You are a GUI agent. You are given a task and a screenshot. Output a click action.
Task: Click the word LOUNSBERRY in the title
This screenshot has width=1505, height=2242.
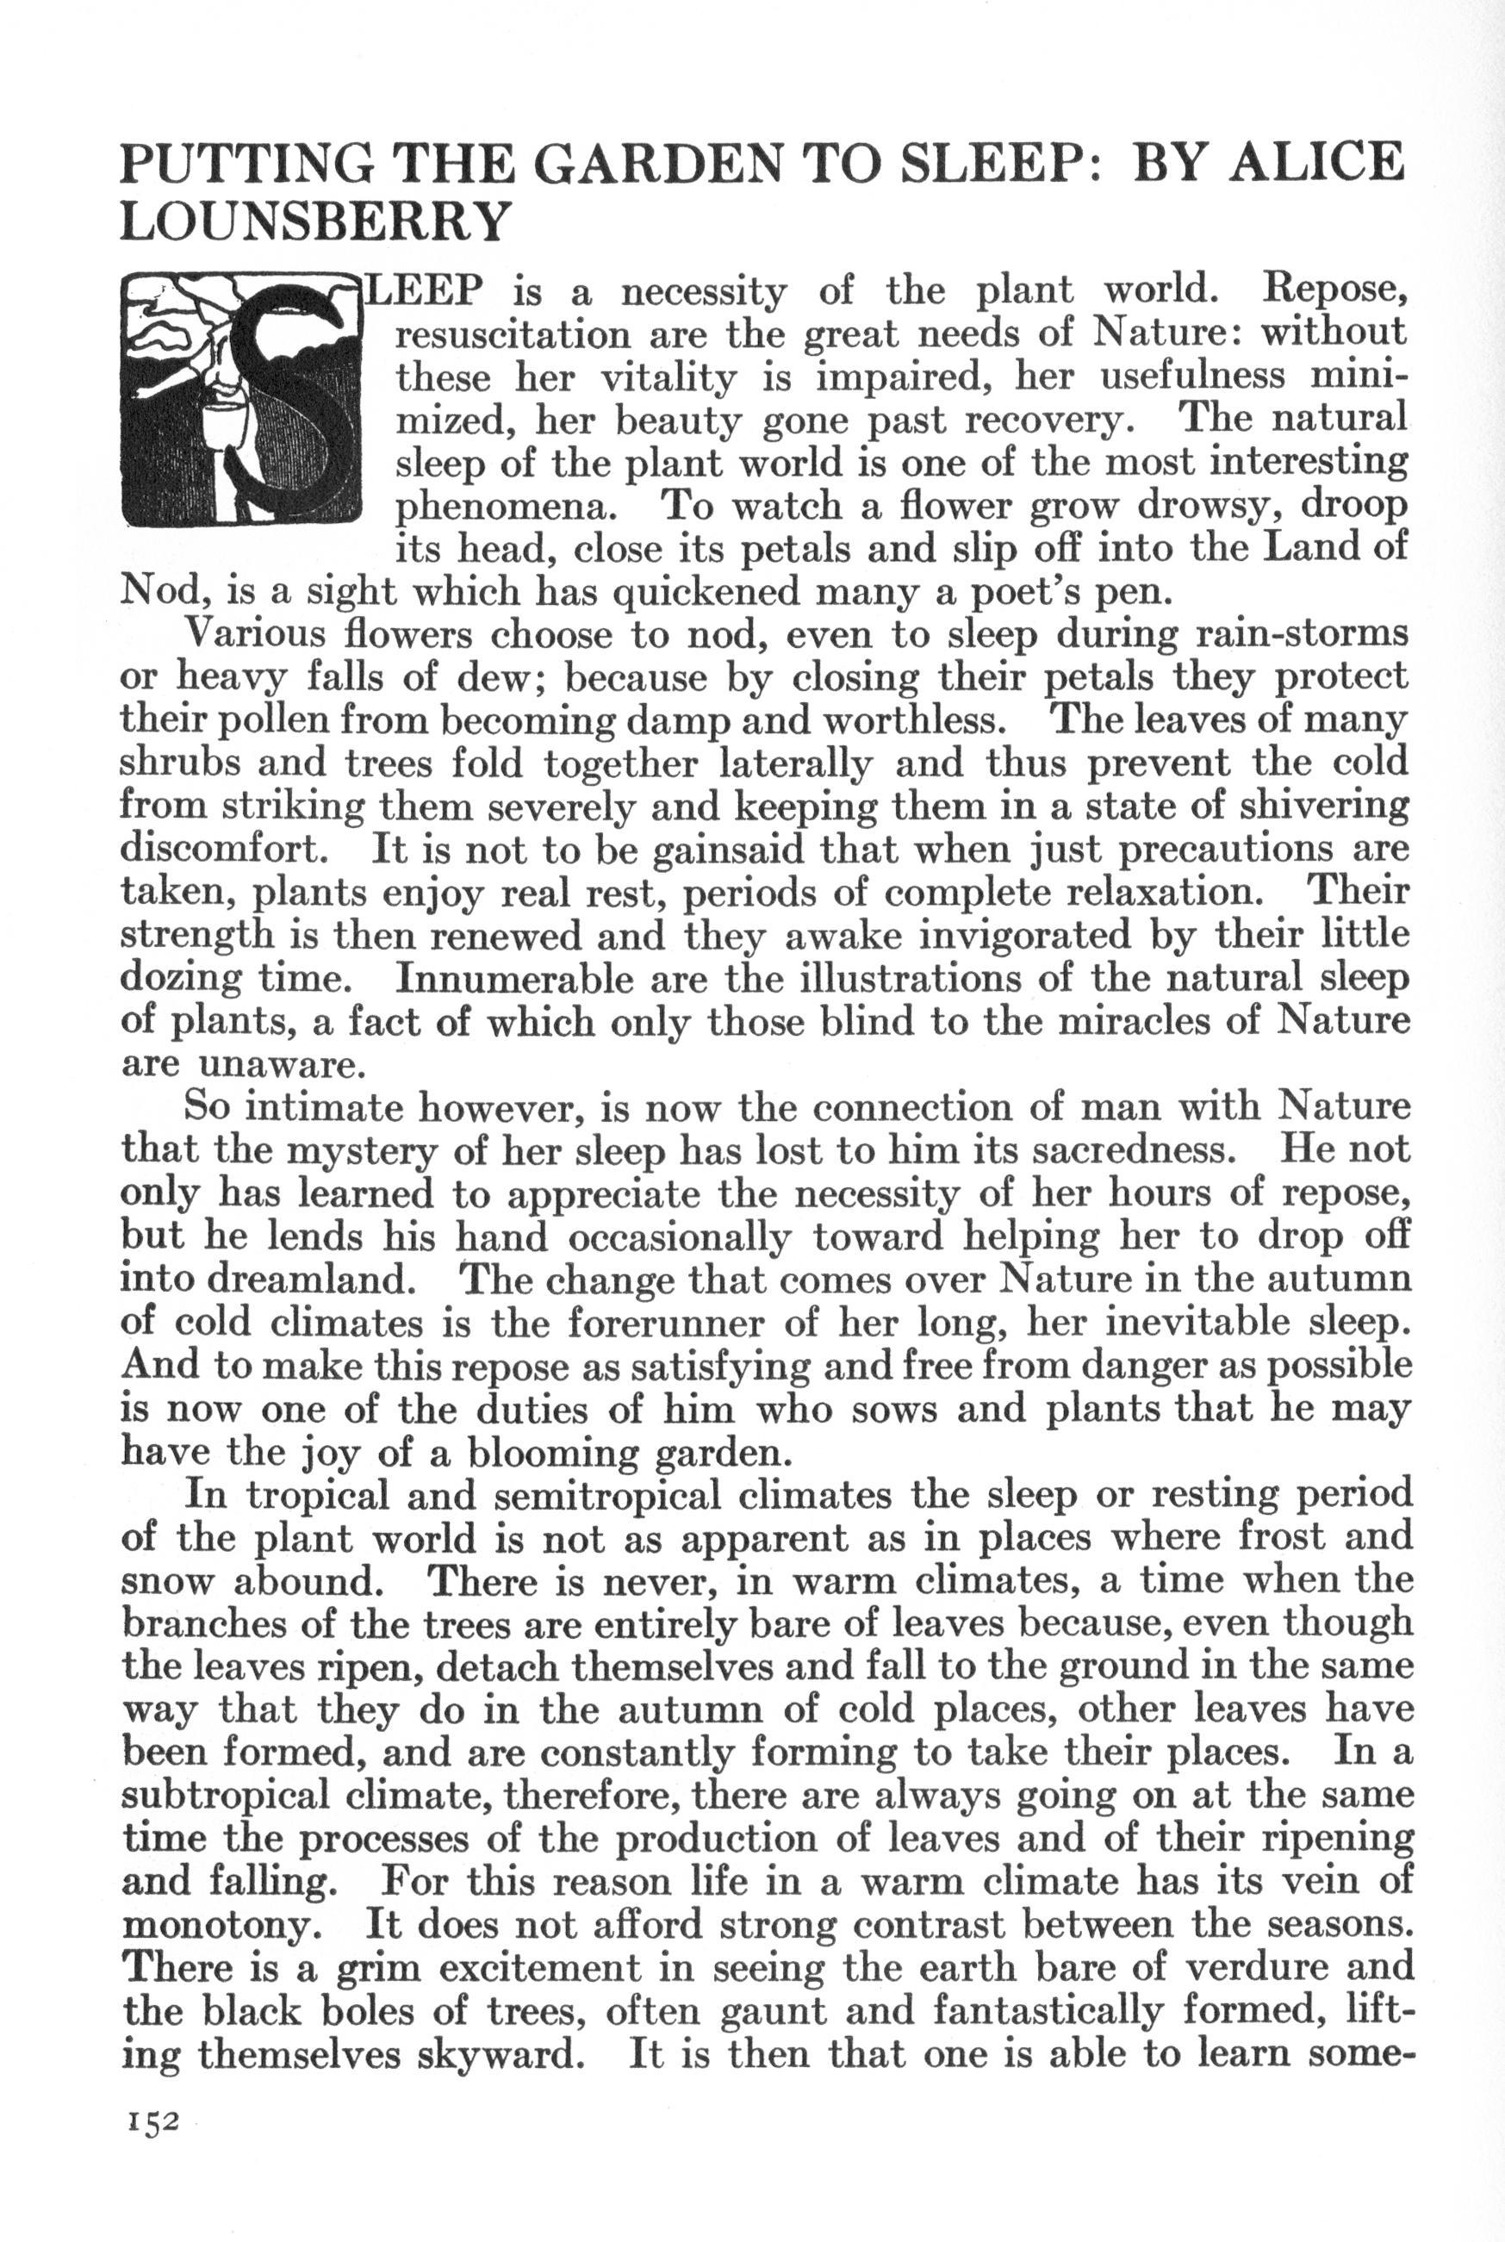pyautogui.click(x=313, y=221)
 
